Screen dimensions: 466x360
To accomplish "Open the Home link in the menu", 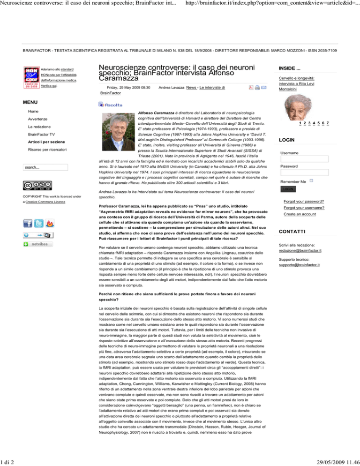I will pyautogui.click(x=33, y=111).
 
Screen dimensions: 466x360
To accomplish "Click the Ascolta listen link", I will pyautogui.click(x=111, y=104).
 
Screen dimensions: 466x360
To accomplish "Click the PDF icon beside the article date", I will pyautogui.click(x=251, y=88).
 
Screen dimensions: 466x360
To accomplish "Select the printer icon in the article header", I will pyautogui.click(x=258, y=88).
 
